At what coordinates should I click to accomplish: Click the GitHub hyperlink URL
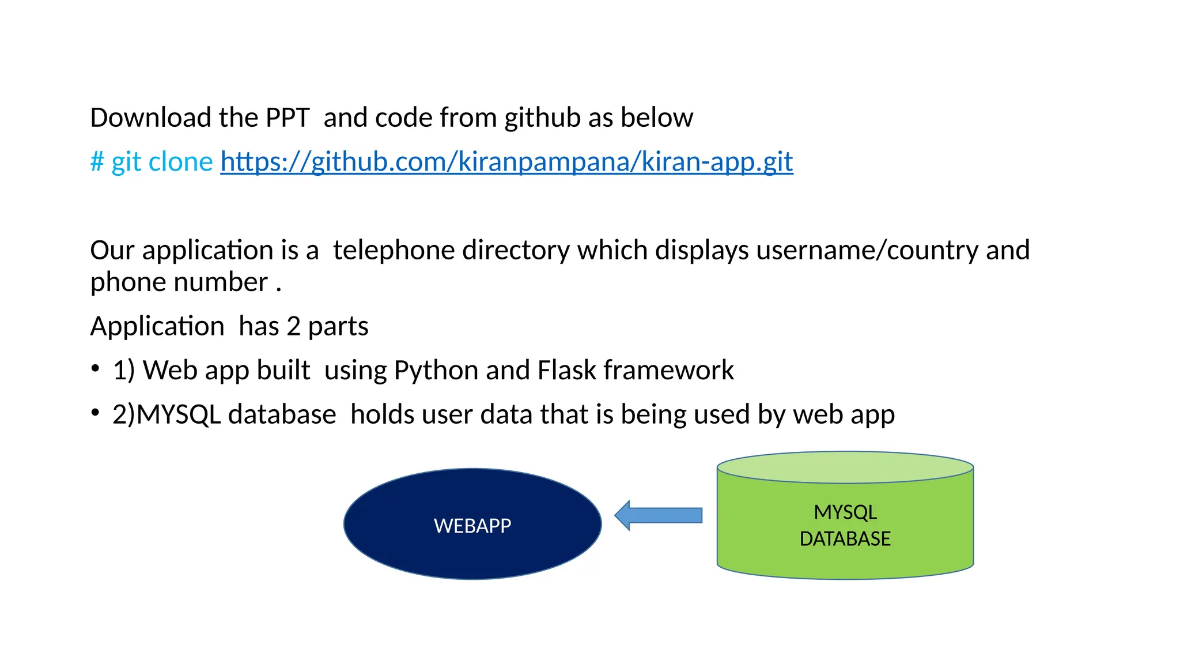coord(506,162)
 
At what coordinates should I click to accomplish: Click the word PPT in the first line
coord(287,118)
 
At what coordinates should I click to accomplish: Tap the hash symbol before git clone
coord(97,162)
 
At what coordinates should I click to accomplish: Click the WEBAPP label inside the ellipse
coord(472,526)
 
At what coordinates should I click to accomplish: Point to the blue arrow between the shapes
coord(658,515)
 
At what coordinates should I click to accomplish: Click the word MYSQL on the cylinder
coord(845,512)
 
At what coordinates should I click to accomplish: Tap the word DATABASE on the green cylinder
coord(845,539)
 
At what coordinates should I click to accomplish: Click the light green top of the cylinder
coord(845,467)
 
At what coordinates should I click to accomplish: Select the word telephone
coord(394,251)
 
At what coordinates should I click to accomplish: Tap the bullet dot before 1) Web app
coord(95,368)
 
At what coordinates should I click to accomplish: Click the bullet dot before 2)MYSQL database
coord(95,412)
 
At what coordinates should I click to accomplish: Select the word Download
coord(150,118)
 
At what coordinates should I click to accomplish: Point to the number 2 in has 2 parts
coord(293,327)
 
